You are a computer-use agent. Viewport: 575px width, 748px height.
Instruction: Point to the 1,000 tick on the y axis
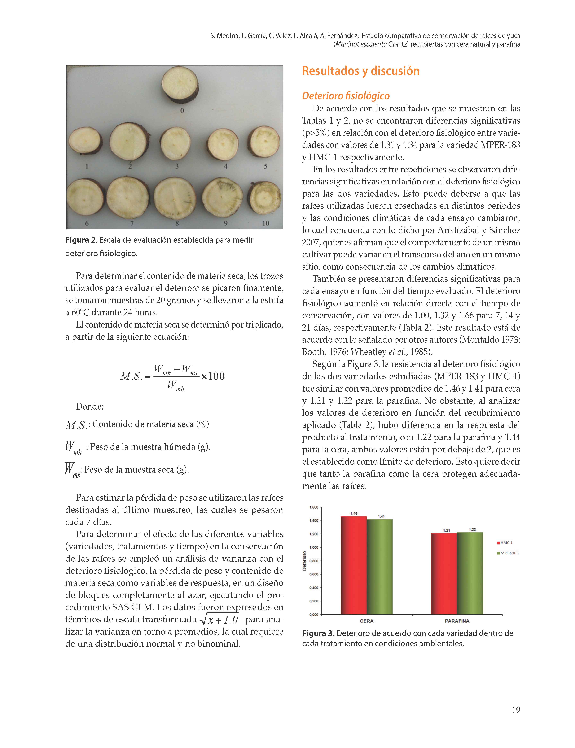coord(313,547)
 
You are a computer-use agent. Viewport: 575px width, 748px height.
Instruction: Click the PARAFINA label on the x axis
coord(457,621)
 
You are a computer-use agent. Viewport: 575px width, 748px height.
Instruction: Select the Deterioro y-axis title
coord(304,561)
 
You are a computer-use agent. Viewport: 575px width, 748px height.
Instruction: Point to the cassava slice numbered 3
coord(176,144)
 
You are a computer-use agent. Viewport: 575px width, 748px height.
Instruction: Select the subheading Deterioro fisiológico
coord(346,96)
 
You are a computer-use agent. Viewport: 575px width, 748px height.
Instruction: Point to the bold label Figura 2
coord(81,240)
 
